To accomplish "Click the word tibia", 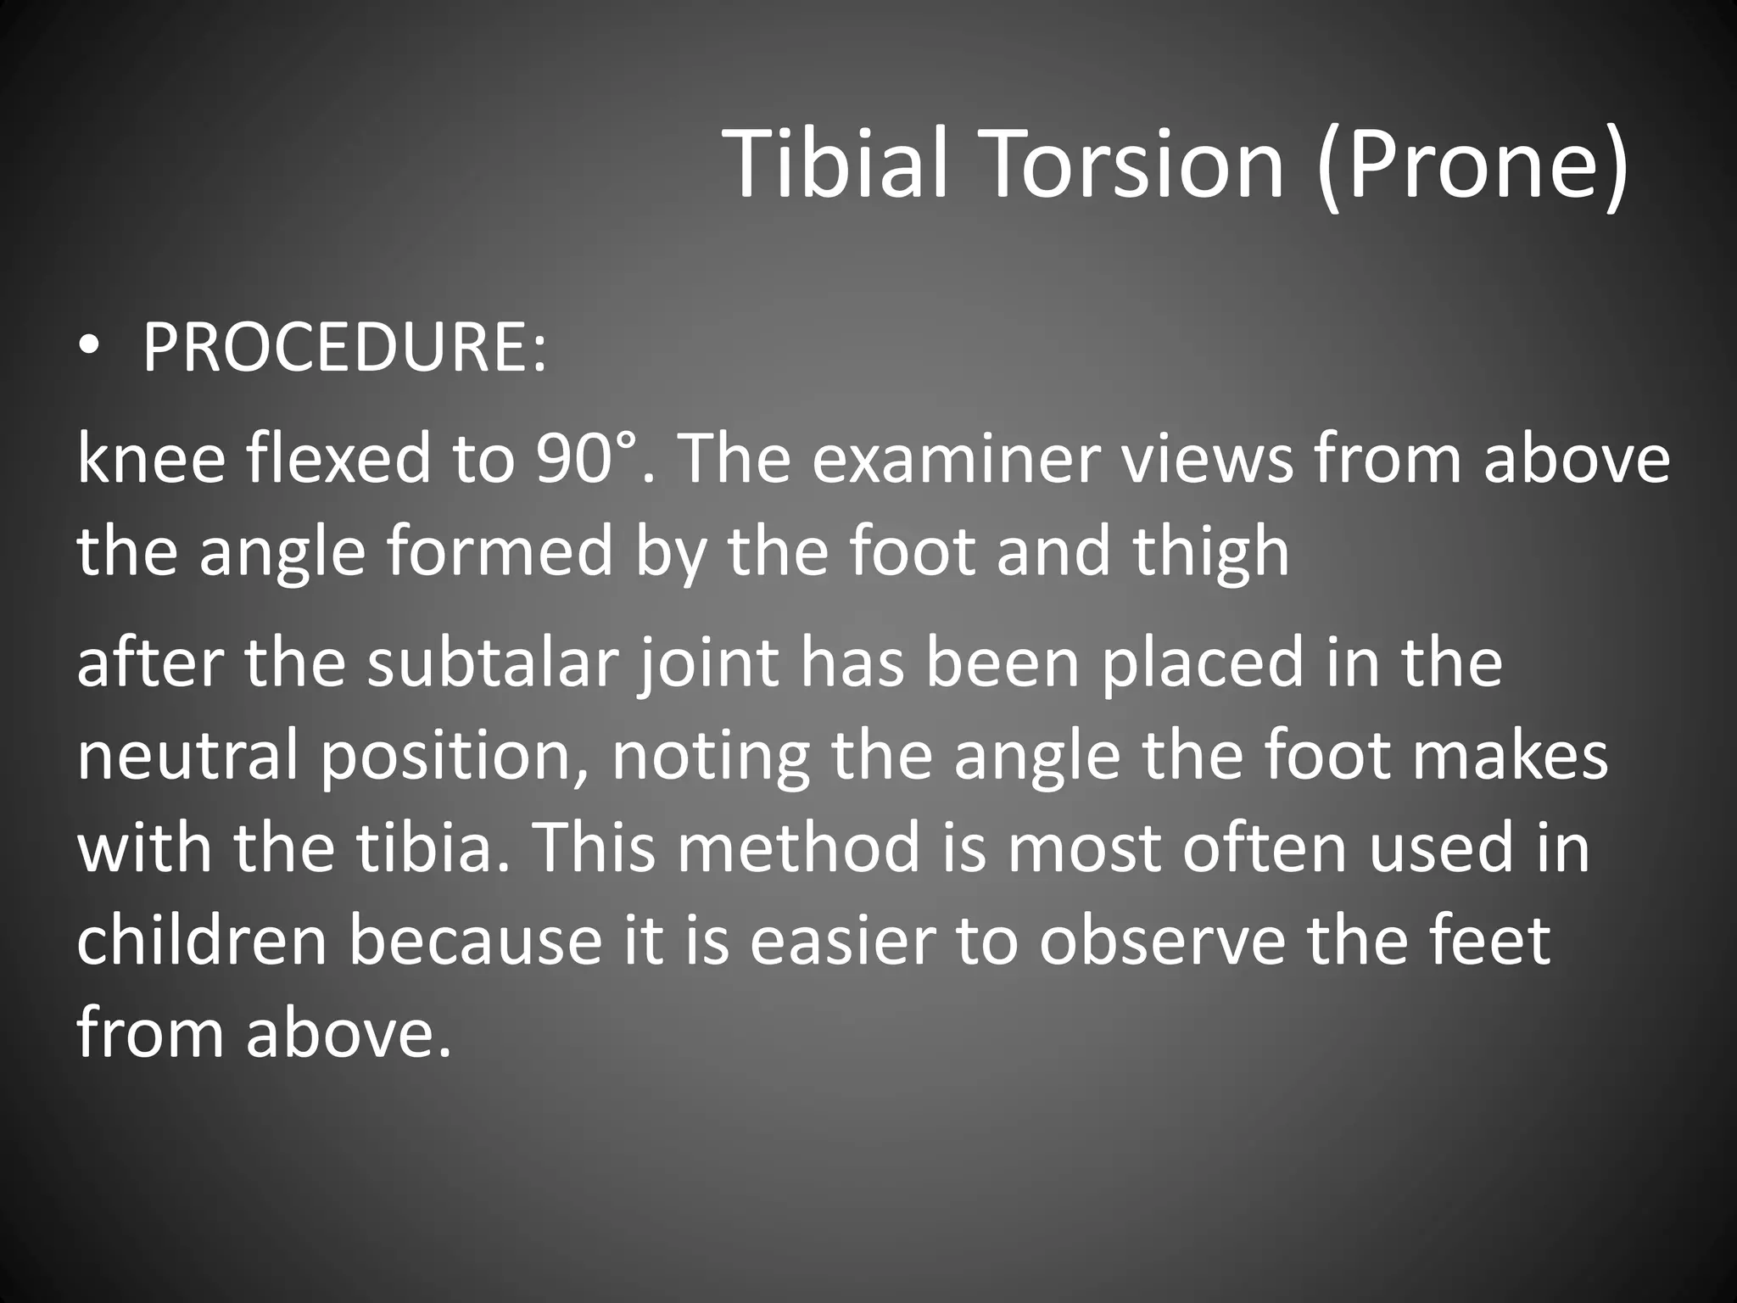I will click(424, 848).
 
